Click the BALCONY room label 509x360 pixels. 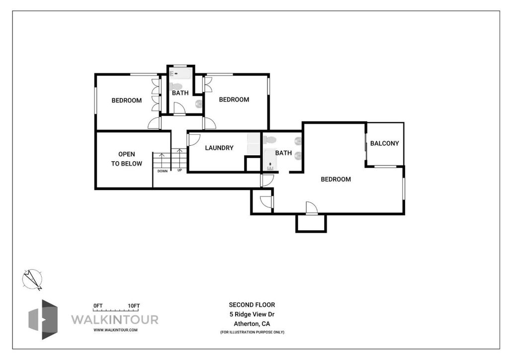pos(384,143)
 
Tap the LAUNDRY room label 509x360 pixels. pos(219,148)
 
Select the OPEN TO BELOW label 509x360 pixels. pos(127,159)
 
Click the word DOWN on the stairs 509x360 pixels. pos(163,171)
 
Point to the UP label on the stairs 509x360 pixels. pos(179,170)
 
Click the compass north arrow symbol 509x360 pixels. pos(32,279)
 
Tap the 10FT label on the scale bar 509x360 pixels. pos(134,306)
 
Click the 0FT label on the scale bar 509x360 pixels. pos(98,306)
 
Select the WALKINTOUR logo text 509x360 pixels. pos(115,319)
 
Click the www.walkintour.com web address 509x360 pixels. pos(115,330)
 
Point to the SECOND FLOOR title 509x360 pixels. pos(252,305)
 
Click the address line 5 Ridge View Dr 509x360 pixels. pos(252,314)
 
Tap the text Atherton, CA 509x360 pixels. pos(252,324)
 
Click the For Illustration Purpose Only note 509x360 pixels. pos(252,332)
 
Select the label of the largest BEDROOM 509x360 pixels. pos(336,179)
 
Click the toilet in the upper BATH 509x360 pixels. pos(175,87)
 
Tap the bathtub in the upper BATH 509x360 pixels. pos(181,74)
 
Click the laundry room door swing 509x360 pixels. pos(193,139)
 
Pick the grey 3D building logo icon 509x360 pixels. pos(43,319)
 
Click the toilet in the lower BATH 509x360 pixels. pos(270,140)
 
